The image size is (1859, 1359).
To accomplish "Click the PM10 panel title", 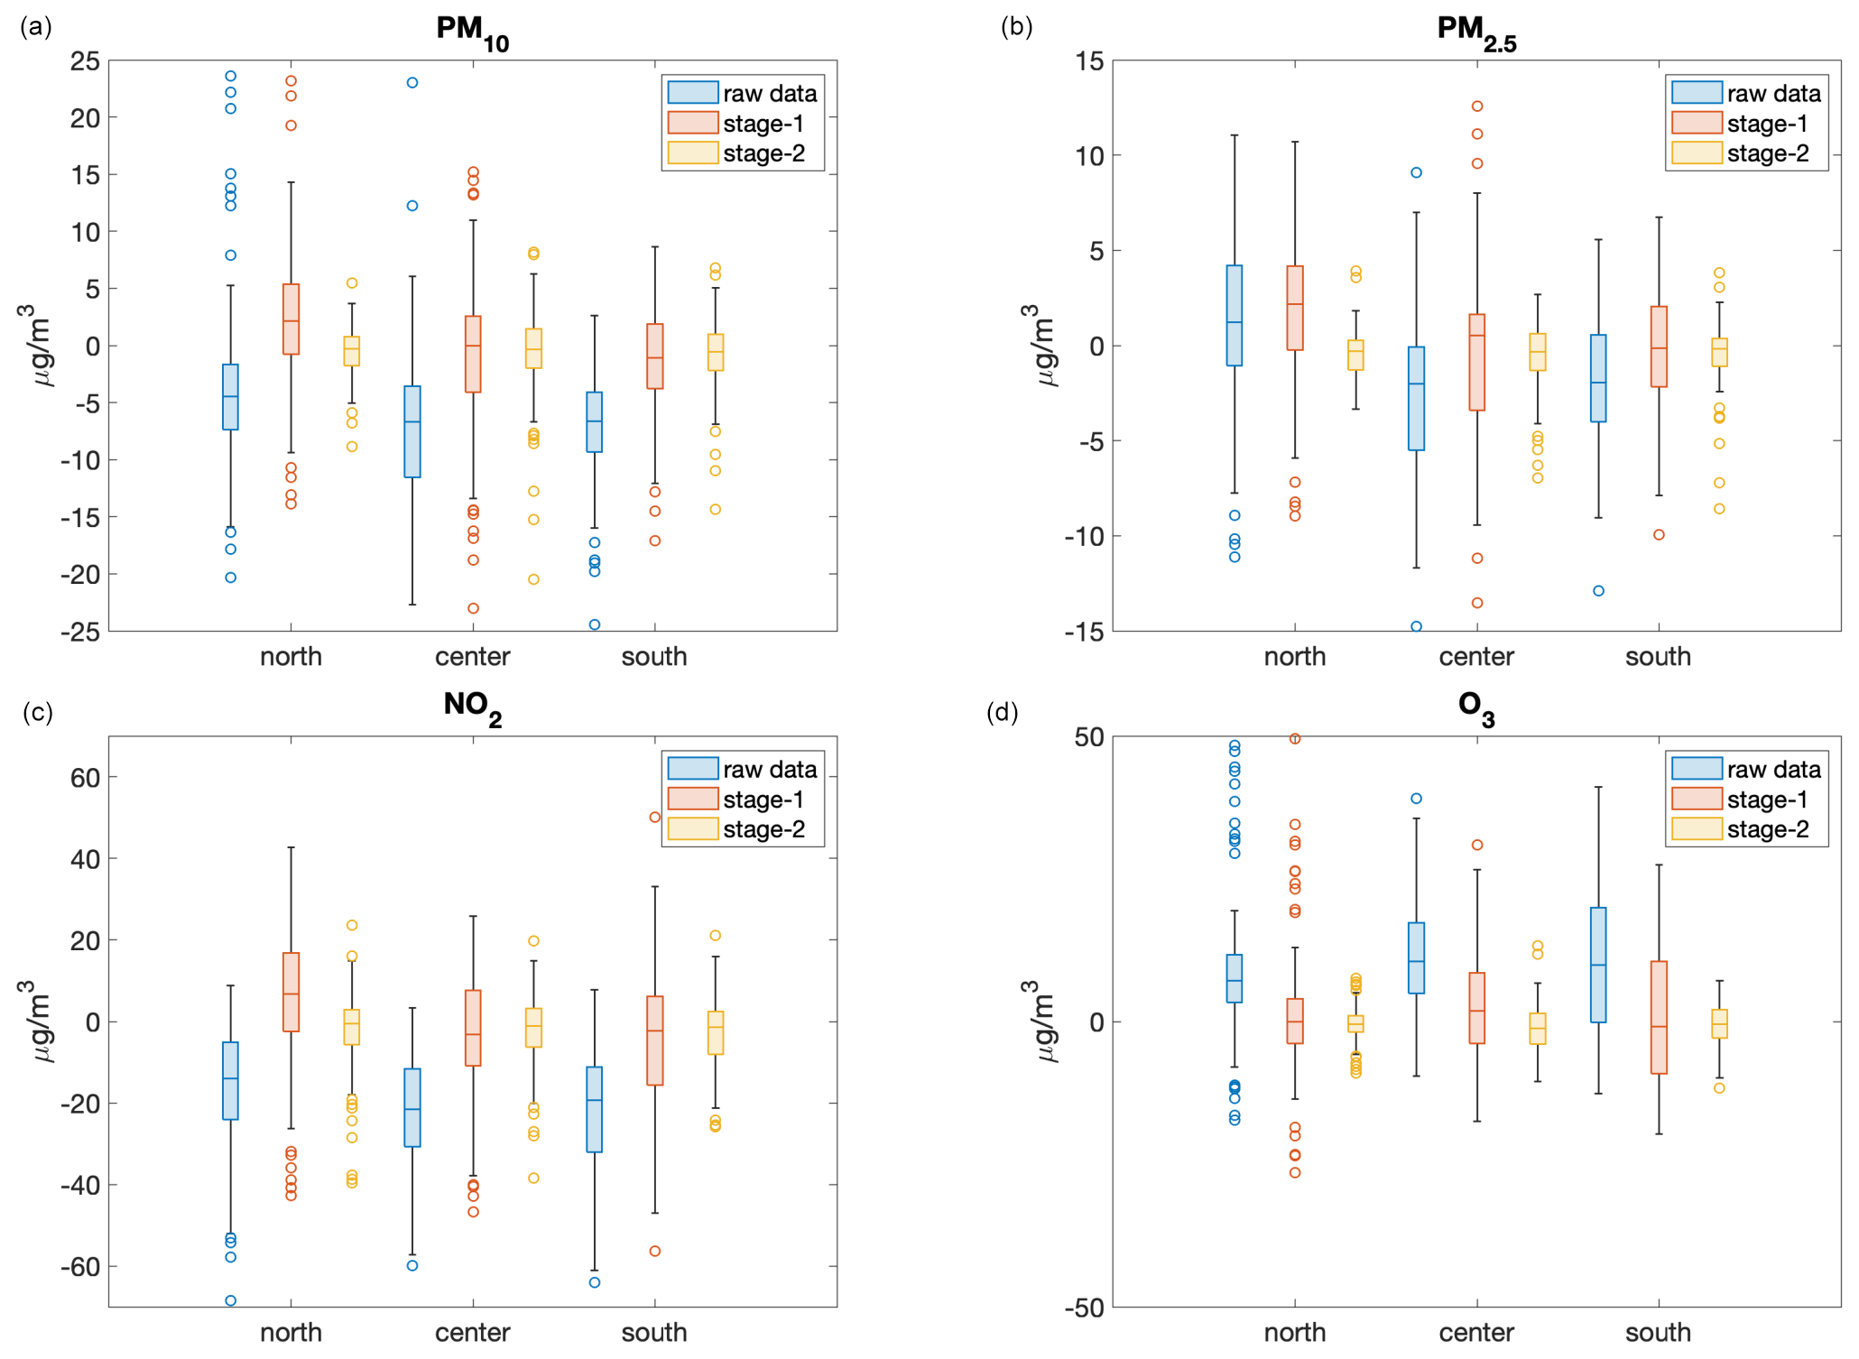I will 472,31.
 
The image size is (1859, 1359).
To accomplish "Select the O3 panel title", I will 1476,707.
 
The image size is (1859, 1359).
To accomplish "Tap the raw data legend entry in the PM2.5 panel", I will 1746,93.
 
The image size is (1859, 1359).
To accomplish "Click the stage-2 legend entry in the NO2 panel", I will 742,829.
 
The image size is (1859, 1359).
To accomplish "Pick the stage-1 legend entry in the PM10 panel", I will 742,124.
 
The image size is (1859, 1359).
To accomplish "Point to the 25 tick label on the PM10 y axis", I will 86,61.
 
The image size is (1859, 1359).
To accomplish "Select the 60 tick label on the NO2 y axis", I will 86,778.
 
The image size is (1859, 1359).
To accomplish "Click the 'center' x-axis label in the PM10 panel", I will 472,657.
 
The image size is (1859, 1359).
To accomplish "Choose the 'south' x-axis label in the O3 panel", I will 1658,1333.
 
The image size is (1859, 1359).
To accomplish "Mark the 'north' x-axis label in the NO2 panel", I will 291,1333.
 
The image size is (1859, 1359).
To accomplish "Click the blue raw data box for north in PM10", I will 230,397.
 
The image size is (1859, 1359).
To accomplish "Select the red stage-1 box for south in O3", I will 1659,1017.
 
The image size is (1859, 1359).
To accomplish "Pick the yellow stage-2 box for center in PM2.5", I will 1538,352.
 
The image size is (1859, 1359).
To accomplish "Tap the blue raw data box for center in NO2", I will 412,1107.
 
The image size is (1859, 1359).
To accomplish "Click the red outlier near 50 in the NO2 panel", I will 655,818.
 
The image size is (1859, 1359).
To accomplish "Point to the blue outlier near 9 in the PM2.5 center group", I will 1417,172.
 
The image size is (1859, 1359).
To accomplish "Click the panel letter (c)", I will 37,713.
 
